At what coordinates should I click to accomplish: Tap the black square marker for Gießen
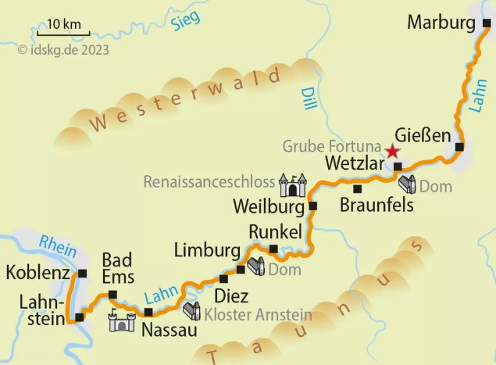[x=459, y=147]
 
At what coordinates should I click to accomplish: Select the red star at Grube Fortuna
[x=392, y=151]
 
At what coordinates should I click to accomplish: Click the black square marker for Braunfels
[x=357, y=188]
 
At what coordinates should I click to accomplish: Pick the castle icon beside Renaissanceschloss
[x=293, y=185]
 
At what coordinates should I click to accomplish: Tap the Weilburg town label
[x=269, y=207]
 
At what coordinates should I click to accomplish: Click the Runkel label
[x=274, y=231]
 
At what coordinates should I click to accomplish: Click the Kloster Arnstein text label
[x=259, y=314]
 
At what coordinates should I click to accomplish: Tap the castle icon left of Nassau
[x=122, y=320]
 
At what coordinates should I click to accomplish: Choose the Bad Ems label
[x=118, y=267]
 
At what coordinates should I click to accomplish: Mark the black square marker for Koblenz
[x=82, y=274]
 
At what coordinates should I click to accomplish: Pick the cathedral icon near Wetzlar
[x=406, y=184]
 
